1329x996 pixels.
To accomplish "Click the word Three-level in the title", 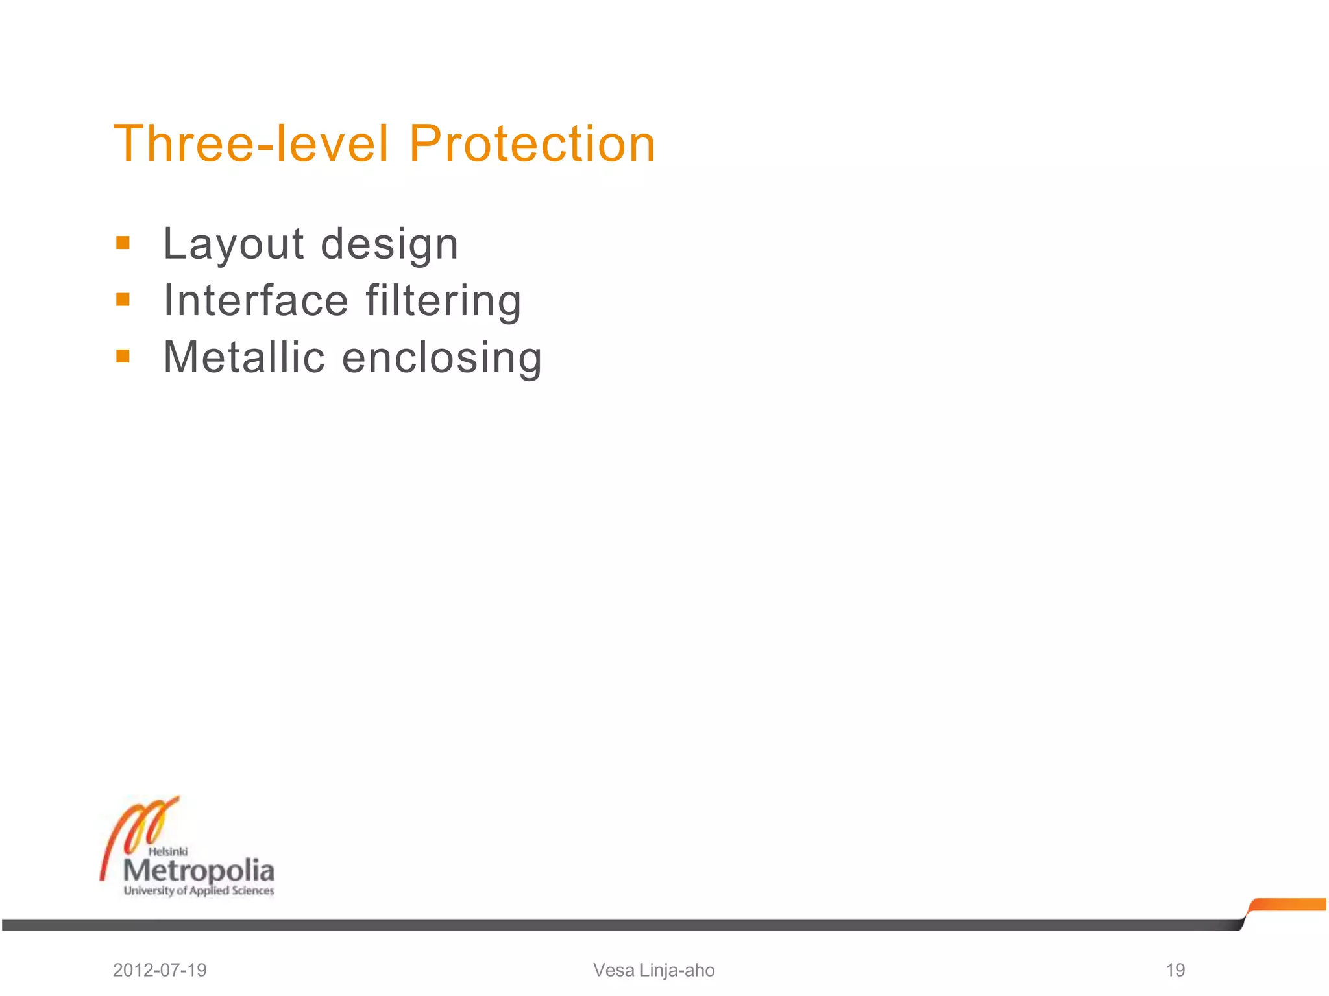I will point(251,144).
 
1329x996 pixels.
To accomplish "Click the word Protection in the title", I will point(532,144).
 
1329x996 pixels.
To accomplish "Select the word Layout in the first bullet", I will point(234,245).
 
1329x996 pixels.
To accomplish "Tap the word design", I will point(389,245).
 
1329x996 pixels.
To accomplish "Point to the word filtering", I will point(443,301).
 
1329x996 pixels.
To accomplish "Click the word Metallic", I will point(244,357).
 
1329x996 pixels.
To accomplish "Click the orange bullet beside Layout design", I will point(123,244).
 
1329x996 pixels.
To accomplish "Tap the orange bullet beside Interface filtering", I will point(123,300).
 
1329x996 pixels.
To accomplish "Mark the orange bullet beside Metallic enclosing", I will point(123,356).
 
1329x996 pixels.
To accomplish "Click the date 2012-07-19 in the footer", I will point(160,970).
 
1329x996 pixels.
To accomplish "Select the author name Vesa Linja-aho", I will point(653,970).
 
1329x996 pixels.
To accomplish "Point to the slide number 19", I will point(1175,970).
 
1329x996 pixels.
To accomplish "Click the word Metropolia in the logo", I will point(199,870).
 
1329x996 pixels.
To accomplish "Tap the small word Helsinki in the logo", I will point(168,851).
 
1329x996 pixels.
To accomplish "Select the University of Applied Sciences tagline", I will point(199,891).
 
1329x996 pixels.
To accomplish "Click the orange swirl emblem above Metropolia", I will point(140,827).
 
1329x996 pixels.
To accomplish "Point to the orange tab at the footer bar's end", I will point(1288,905).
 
